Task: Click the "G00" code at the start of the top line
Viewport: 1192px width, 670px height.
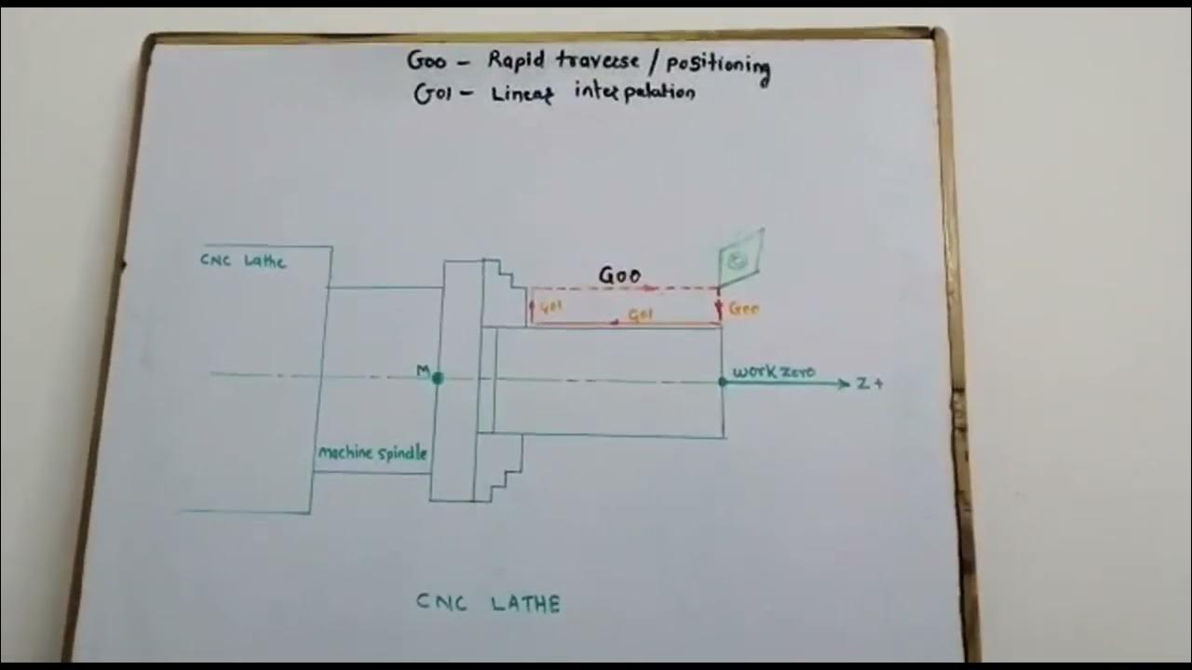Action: (427, 61)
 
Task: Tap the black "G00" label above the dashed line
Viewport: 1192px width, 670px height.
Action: (619, 275)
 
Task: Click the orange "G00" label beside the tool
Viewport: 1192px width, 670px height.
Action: (744, 308)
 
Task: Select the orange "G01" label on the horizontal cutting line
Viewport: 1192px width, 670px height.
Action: (641, 315)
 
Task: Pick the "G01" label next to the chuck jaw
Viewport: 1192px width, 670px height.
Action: (552, 307)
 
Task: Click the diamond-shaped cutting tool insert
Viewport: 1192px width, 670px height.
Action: (740, 257)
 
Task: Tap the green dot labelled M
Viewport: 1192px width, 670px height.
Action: (438, 378)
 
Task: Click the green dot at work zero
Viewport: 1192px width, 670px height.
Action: (723, 382)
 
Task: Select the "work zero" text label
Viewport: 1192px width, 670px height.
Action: (773, 372)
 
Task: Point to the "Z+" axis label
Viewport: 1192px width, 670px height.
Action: (869, 383)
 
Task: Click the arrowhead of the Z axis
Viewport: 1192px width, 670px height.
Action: (844, 383)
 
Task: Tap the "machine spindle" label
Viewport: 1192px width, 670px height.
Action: (372, 453)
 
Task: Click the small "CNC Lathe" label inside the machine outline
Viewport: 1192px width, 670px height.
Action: (243, 261)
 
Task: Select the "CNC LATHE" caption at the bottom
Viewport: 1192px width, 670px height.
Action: (488, 603)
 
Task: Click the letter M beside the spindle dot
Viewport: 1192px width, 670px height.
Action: (423, 371)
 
